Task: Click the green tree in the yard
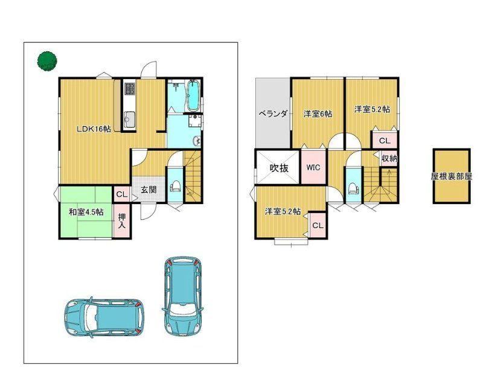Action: click(47, 61)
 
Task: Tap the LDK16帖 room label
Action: click(94, 129)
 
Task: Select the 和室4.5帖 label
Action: click(86, 212)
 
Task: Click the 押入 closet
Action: click(121, 220)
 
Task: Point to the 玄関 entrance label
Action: click(148, 190)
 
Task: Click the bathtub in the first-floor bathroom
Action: click(193, 95)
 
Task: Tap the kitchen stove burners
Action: click(129, 89)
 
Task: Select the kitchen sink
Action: click(129, 118)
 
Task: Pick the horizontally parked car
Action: click(104, 317)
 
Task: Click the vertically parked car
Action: click(183, 296)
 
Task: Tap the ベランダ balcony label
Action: click(273, 113)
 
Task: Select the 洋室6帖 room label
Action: click(318, 114)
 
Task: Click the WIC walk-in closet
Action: click(313, 167)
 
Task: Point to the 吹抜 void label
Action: click(279, 168)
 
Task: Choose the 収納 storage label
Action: click(389, 158)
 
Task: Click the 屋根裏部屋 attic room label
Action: click(451, 176)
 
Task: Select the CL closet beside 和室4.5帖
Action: click(121, 194)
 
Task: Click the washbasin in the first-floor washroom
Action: click(196, 141)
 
